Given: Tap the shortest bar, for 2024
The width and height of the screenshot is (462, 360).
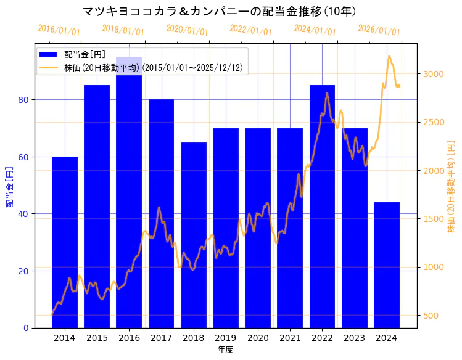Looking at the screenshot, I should click(x=387, y=264).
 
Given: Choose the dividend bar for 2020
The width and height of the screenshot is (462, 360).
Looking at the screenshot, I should click(x=258, y=227).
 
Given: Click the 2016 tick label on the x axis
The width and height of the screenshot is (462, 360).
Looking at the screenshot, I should click(x=129, y=337).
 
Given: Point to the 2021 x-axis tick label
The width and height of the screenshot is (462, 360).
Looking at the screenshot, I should click(x=290, y=337).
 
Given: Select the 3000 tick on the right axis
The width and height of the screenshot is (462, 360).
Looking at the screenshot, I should click(x=432, y=74).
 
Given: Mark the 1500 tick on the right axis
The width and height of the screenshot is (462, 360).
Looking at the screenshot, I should click(x=432, y=219).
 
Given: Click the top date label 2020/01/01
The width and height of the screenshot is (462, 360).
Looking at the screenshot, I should click(x=188, y=30).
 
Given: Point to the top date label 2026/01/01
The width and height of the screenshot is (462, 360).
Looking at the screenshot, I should click(x=379, y=30).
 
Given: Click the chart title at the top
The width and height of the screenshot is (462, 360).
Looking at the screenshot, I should click(x=220, y=11).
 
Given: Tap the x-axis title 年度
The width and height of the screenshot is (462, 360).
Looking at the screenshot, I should click(x=225, y=350).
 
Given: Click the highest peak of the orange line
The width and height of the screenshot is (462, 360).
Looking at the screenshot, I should click(x=389, y=57).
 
